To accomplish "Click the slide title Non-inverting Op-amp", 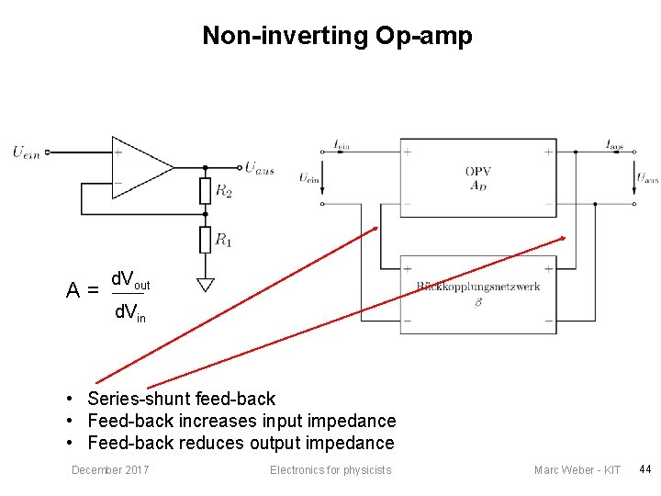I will (337, 36).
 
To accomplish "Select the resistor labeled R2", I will (206, 191).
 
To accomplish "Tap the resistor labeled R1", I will (206, 240).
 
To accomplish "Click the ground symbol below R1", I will (206, 285).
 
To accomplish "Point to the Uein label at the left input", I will (27, 152).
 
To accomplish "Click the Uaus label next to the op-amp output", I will (259, 167).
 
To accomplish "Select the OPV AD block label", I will (477, 178).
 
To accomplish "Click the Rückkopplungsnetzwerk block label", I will (477, 287).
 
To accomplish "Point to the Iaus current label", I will (614, 144).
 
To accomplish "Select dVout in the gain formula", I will (130, 278).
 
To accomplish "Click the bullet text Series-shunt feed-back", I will (181, 399).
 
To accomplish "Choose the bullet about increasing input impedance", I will (241, 421).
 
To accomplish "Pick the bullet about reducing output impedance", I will (241, 443).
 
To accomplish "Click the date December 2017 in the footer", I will (110, 470).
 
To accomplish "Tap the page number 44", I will (644, 470).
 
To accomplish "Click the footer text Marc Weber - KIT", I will (577, 470).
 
